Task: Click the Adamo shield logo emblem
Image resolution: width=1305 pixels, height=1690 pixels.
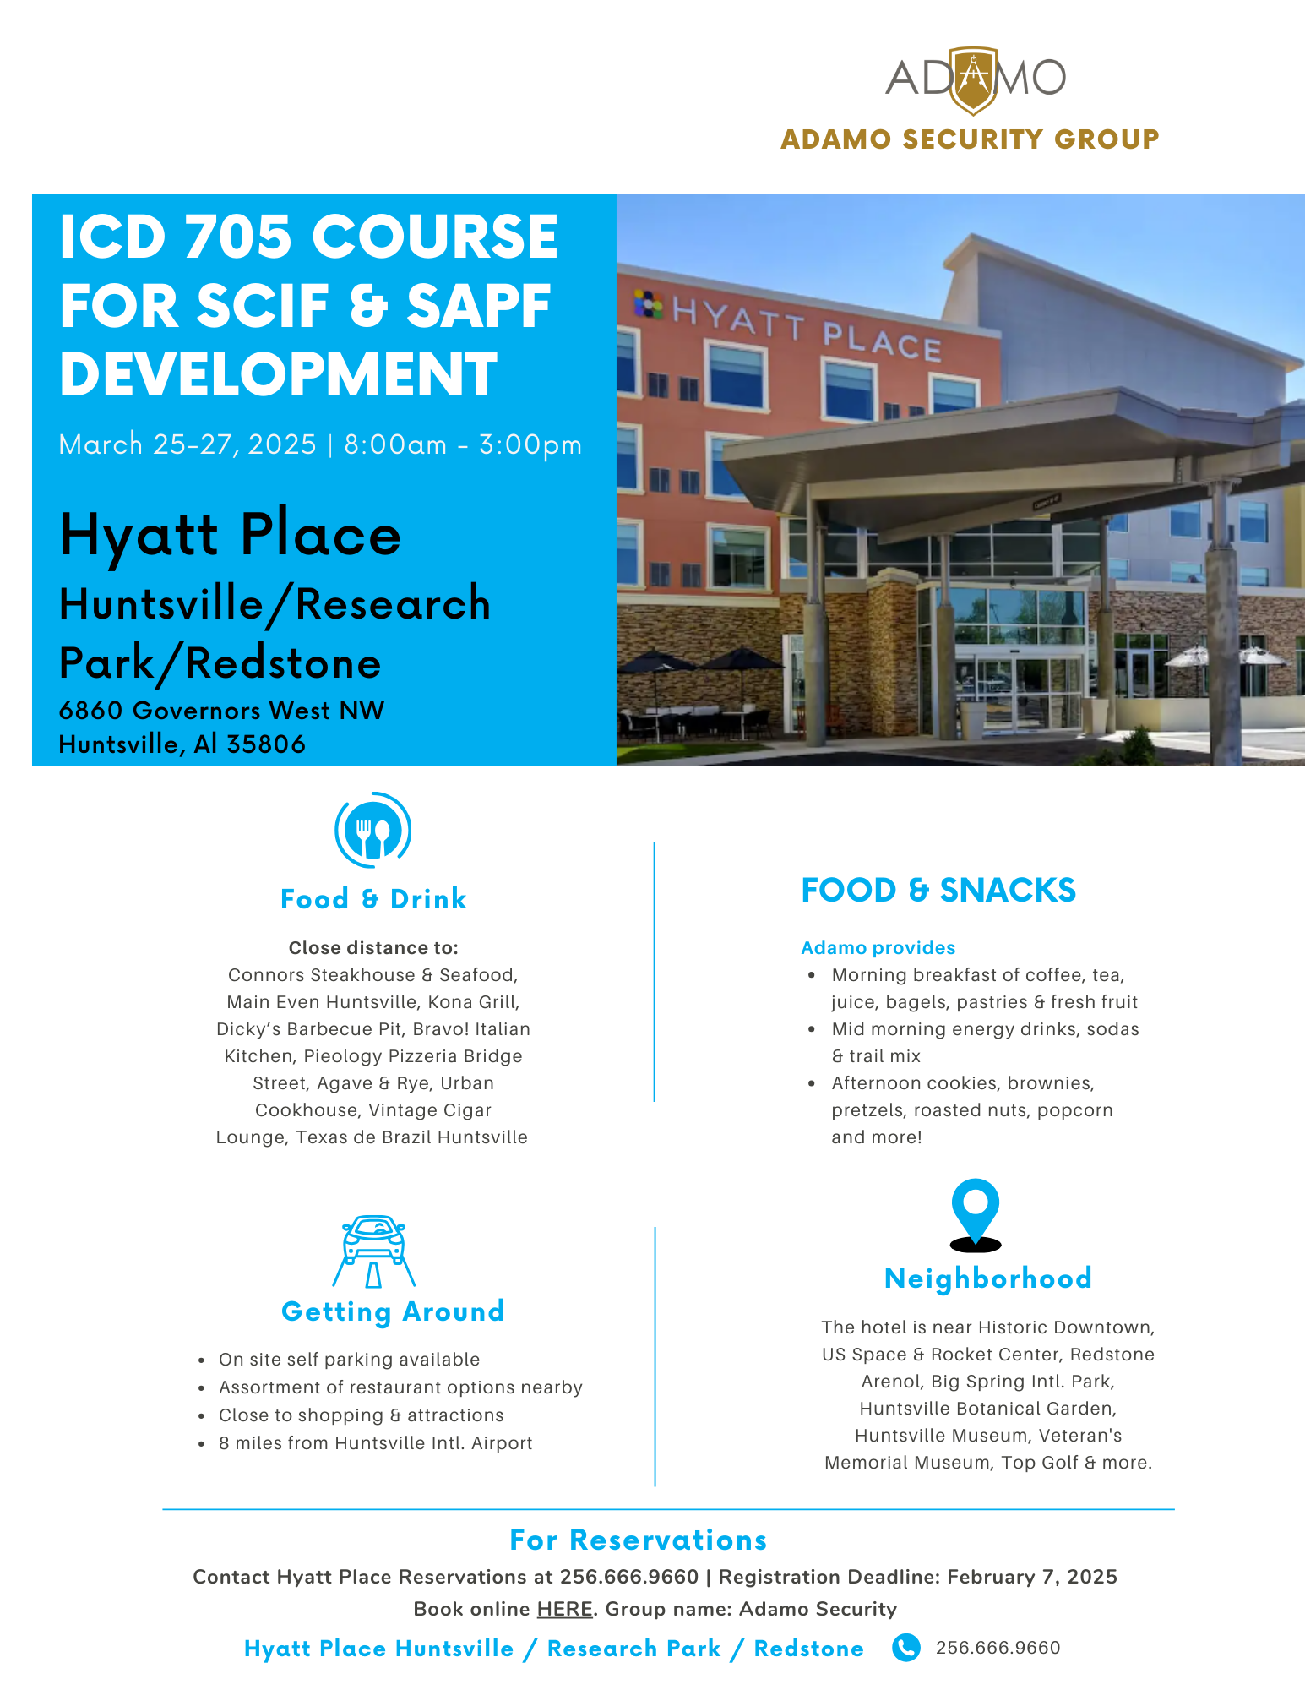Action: click(974, 80)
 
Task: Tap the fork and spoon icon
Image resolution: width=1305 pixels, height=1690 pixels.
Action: click(373, 830)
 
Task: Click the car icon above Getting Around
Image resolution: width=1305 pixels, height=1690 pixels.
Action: click(374, 1251)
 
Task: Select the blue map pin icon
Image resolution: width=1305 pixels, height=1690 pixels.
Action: click(976, 1214)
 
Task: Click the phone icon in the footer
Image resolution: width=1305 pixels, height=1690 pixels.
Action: click(906, 1647)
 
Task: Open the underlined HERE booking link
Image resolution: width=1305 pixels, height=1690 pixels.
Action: click(565, 1609)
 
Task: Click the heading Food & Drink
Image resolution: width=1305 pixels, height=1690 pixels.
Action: click(373, 898)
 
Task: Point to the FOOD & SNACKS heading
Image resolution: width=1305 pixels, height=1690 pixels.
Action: click(938, 890)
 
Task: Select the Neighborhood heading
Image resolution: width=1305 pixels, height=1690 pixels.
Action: click(988, 1278)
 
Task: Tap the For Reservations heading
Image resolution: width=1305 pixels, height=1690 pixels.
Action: click(639, 1540)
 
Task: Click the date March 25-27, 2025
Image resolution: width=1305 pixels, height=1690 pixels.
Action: click(188, 444)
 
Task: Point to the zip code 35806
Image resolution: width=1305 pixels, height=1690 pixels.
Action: click(266, 744)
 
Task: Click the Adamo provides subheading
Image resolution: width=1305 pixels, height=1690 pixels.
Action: click(878, 947)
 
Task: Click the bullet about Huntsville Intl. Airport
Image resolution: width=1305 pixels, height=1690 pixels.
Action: click(376, 1442)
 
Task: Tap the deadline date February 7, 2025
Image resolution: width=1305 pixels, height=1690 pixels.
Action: click(1032, 1577)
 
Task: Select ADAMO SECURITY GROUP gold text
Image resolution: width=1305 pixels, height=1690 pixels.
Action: click(970, 139)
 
